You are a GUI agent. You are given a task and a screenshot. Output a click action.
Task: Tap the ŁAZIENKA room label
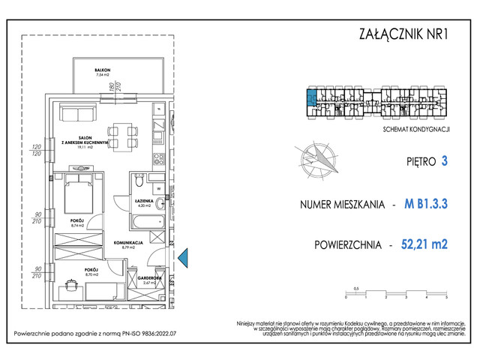pyautogui.click(x=145, y=202)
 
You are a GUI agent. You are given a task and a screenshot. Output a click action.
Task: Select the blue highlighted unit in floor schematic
pyautogui.click(x=310, y=94)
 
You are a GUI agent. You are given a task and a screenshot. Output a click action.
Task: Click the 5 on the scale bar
pyautogui.click(x=447, y=298)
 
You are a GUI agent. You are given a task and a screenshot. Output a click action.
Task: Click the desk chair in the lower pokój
pyautogui.click(x=72, y=286)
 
